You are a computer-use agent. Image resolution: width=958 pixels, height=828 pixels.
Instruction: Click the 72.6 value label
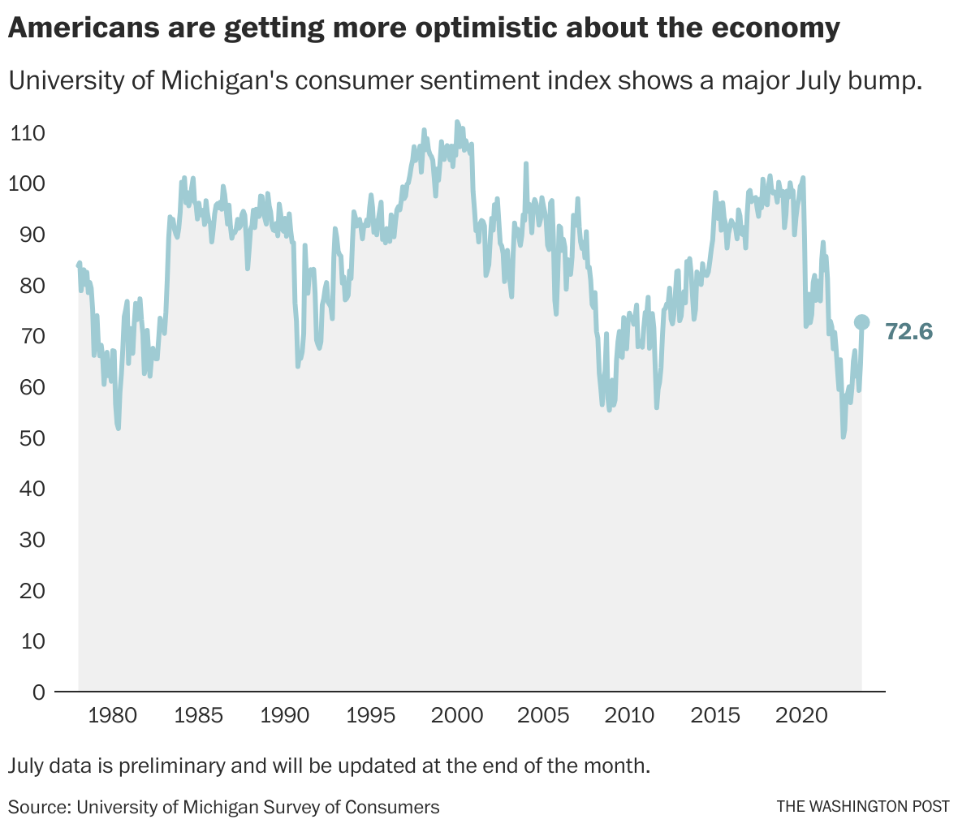point(908,331)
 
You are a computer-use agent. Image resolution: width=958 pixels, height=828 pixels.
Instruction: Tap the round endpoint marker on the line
point(861,323)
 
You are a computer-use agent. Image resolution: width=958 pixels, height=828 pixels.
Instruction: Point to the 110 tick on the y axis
point(28,133)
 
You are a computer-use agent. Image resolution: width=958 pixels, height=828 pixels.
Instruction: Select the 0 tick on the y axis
point(38,692)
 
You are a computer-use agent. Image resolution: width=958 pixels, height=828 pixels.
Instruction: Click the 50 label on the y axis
point(28,438)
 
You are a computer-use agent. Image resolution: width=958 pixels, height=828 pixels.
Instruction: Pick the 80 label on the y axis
point(28,286)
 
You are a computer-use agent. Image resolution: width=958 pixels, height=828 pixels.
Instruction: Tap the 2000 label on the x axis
point(457,716)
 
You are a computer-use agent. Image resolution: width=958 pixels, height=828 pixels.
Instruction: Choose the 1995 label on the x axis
point(371,716)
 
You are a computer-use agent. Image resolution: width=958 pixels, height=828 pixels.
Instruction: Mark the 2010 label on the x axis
point(630,716)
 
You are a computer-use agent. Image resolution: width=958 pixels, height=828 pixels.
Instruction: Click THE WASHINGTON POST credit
point(862,807)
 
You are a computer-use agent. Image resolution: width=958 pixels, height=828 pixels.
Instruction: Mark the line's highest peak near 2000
point(456,122)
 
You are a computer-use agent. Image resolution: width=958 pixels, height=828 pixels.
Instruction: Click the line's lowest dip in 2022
point(843,437)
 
